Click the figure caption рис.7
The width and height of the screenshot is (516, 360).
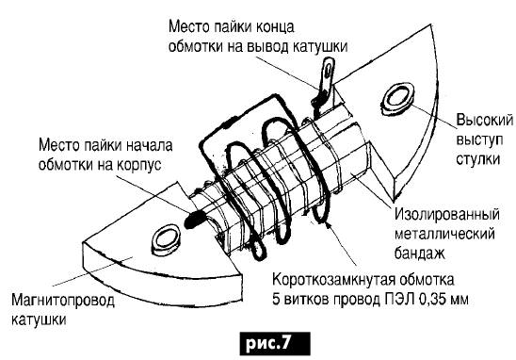click(x=275, y=344)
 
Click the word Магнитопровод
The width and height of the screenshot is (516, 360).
click(x=63, y=301)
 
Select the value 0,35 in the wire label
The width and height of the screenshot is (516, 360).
click(x=434, y=300)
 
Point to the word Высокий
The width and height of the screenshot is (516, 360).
click(x=484, y=120)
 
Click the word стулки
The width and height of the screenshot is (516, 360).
click(x=478, y=158)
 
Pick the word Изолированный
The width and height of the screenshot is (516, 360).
click(x=447, y=215)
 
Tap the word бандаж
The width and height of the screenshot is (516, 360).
click(x=420, y=253)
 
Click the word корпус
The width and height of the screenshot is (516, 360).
click(x=139, y=165)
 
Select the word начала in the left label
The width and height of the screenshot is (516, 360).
click(x=150, y=145)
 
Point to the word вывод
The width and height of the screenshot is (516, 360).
click(x=267, y=46)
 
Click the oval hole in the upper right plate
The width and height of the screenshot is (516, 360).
click(x=398, y=100)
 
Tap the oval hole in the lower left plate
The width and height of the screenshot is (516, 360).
click(x=166, y=239)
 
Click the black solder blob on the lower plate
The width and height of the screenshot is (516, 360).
click(x=195, y=219)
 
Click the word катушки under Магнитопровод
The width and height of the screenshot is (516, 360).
click(x=39, y=320)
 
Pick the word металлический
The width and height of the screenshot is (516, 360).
click(x=444, y=234)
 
